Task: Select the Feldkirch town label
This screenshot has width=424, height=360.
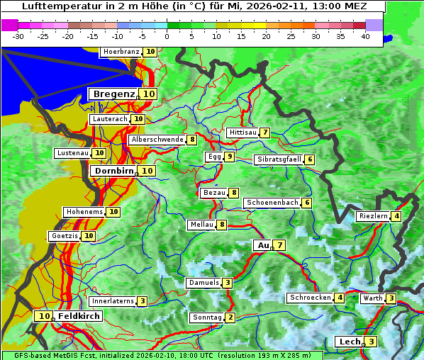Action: [79, 316]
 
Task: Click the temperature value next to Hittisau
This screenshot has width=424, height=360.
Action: [265, 133]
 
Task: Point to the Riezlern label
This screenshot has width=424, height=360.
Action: [374, 216]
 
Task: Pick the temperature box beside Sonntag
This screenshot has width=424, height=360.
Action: [230, 317]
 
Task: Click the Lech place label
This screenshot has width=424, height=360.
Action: [350, 342]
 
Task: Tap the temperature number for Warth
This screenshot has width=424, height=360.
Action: [391, 298]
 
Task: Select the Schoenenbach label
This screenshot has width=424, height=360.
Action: [272, 203]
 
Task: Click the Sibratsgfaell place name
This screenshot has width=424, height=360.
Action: [279, 159]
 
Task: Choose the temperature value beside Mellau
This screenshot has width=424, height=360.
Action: [222, 225]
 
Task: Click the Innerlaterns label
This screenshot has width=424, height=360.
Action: [113, 301]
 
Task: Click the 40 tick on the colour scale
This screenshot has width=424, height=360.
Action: [365, 36]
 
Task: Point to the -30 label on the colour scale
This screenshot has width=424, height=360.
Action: [18, 36]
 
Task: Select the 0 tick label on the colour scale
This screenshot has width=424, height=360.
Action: [167, 36]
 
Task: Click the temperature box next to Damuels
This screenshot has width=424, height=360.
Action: [228, 283]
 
